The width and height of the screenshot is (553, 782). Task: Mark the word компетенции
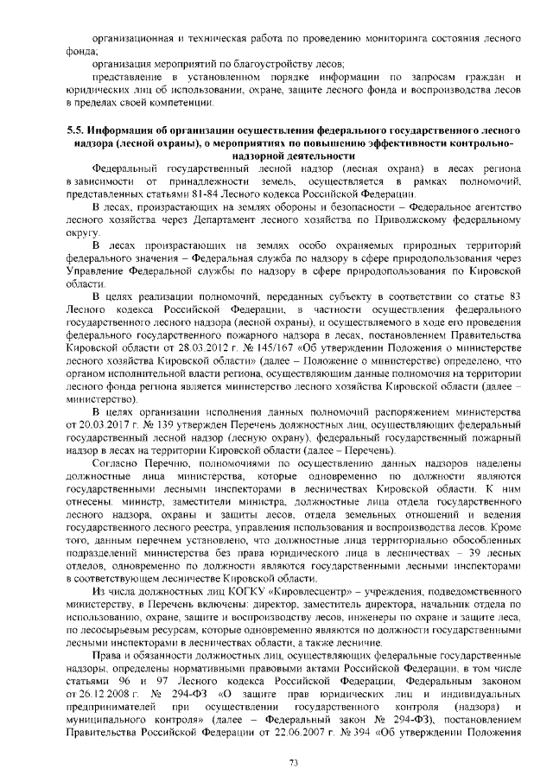[182, 102]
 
